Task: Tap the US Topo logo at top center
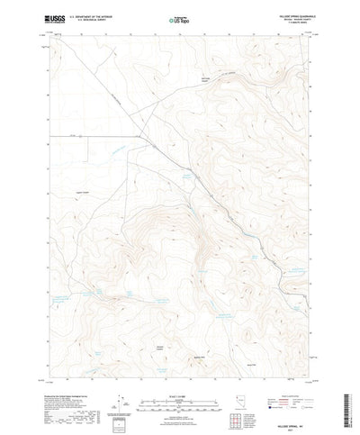tap(180, 17)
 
